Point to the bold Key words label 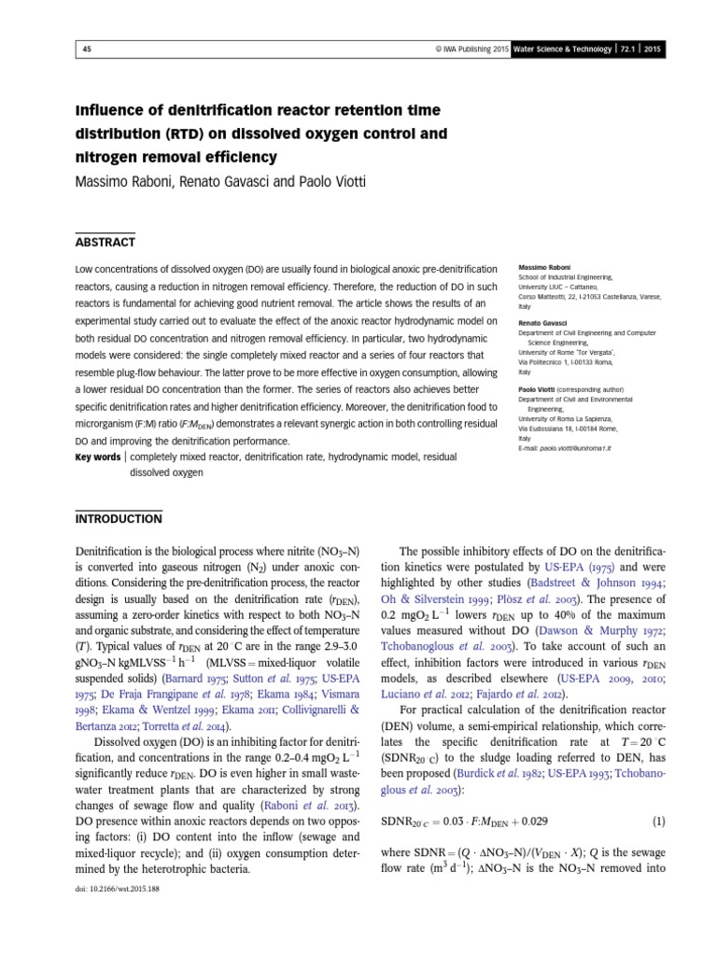[97, 457]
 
